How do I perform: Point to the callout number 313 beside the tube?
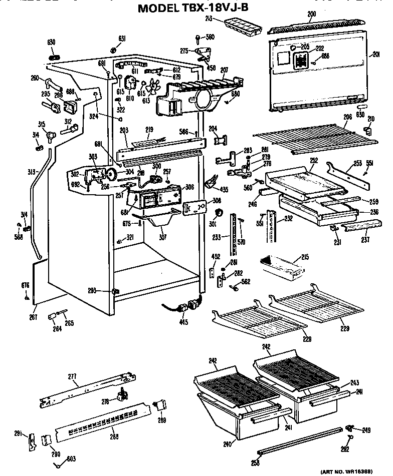point(31,172)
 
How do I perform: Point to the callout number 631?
point(121,39)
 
